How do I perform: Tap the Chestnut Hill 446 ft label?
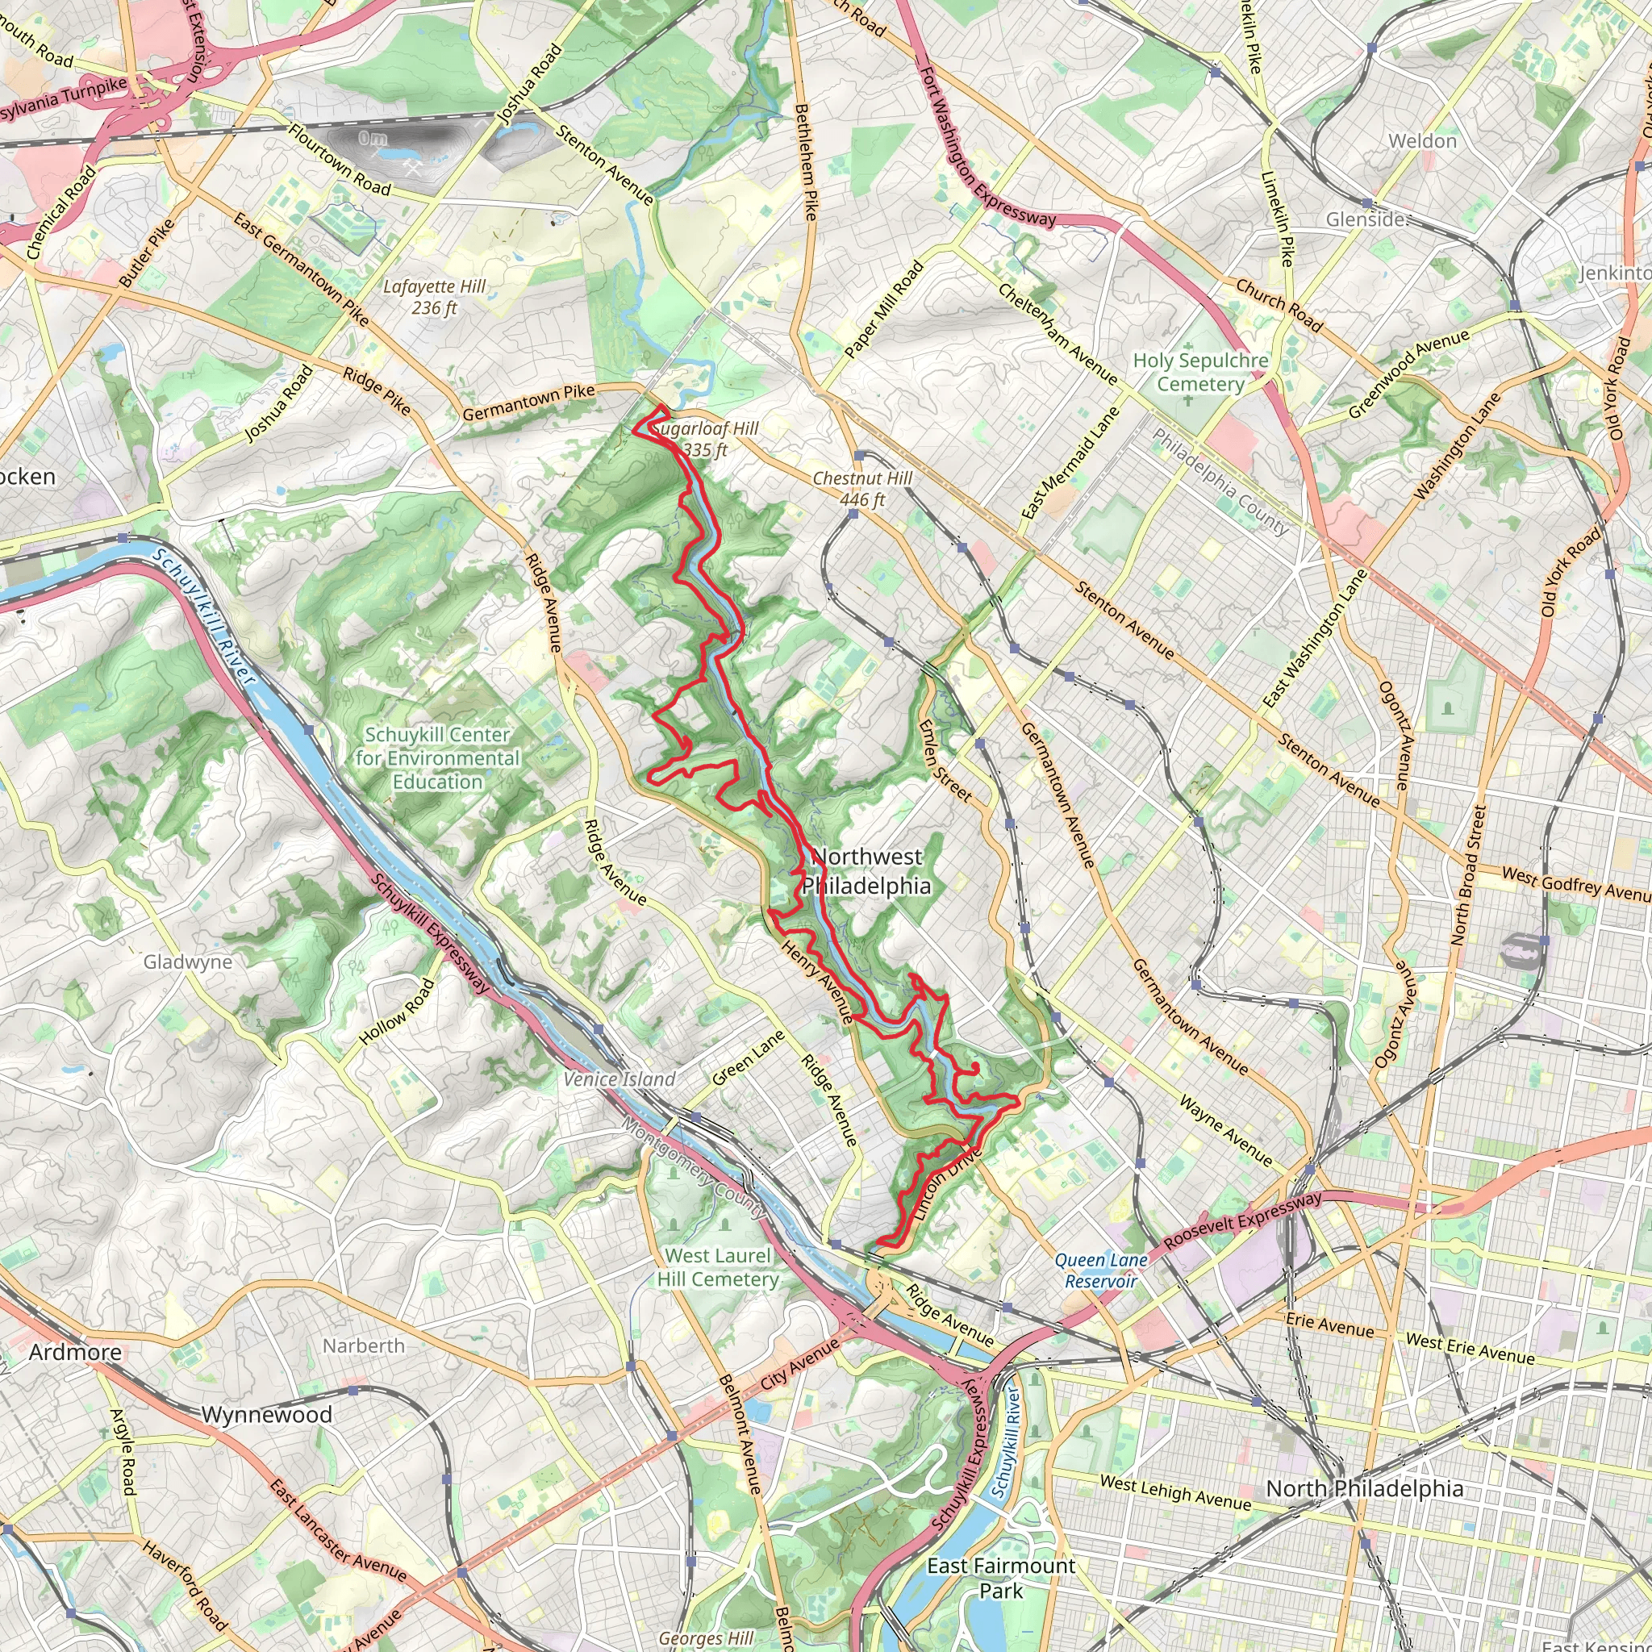(862, 489)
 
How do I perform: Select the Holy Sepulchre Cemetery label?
(1199, 372)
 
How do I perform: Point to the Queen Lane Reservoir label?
(1100, 1270)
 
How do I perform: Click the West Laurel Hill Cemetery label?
(718, 1267)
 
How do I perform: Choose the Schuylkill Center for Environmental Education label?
(437, 757)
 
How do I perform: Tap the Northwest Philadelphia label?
(866, 870)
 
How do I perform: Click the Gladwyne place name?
(187, 962)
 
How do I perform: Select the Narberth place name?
(364, 1346)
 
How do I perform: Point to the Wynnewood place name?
(267, 1414)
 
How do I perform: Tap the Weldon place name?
(1422, 141)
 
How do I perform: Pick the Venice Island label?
(619, 1079)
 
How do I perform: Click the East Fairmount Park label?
(1000, 1578)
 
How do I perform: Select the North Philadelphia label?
(1364, 1489)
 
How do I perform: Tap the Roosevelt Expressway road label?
(1242, 1220)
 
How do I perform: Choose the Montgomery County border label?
(694, 1166)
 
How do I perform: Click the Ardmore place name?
(75, 1352)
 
